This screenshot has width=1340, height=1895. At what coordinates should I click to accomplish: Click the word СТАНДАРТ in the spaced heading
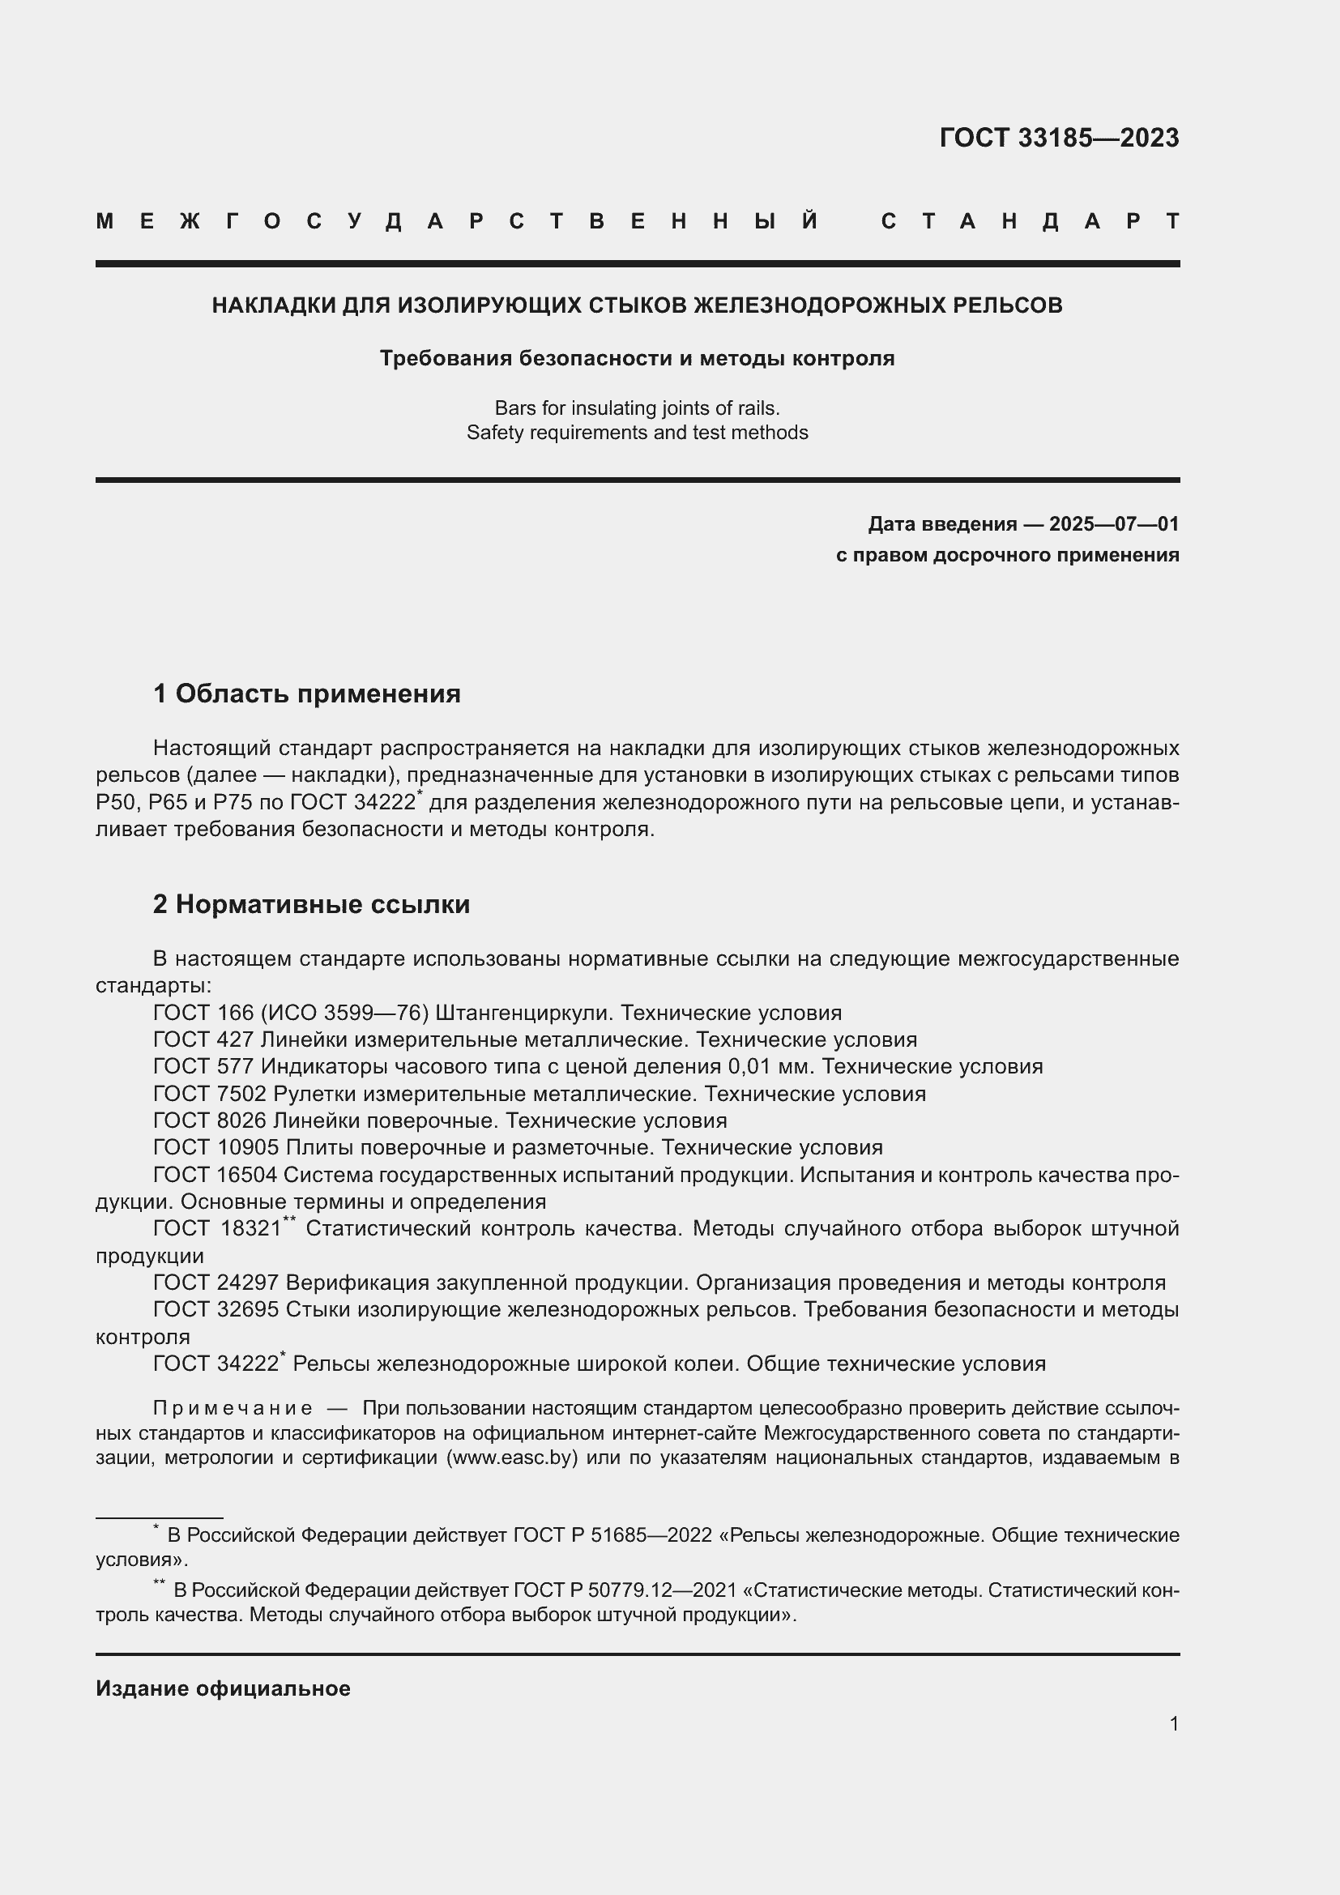coord(1030,221)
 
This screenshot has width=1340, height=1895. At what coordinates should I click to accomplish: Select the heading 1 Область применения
coord(306,694)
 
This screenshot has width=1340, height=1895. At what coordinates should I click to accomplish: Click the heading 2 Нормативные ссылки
coord(311,905)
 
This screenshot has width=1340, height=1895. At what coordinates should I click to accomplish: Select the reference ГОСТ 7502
coord(210,1094)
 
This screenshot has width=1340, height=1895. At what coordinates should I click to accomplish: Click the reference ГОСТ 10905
coord(216,1147)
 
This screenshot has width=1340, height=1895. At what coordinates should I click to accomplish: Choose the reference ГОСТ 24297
coord(216,1282)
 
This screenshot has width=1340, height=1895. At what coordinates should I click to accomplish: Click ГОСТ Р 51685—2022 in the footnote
coord(612,1535)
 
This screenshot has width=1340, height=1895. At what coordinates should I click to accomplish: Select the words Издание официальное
coord(223,1688)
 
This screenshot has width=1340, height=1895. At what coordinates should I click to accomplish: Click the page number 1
coord(1173,1723)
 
